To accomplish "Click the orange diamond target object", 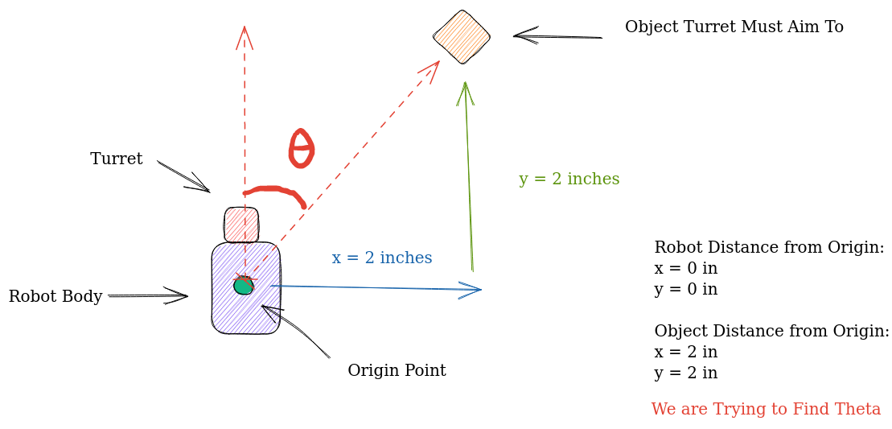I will (x=462, y=36).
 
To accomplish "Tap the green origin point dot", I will (x=244, y=286).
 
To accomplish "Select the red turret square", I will (x=241, y=225).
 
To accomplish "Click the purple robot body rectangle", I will (x=246, y=310).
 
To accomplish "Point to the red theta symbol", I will (x=301, y=149).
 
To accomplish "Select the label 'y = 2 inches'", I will (x=569, y=179).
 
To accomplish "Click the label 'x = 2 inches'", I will (x=382, y=258).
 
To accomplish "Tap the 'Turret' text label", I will (x=117, y=159).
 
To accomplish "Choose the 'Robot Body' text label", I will (x=55, y=297).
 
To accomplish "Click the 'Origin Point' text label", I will (x=397, y=371).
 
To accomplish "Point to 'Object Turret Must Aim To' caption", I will (x=734, y=27).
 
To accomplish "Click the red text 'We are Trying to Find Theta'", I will (x=766, y=410).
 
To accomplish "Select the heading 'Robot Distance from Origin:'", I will (x=769, y=248).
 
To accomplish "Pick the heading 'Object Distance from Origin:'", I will (x=771, y=332).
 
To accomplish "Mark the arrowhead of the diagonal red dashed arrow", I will (x=433, y=67).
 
